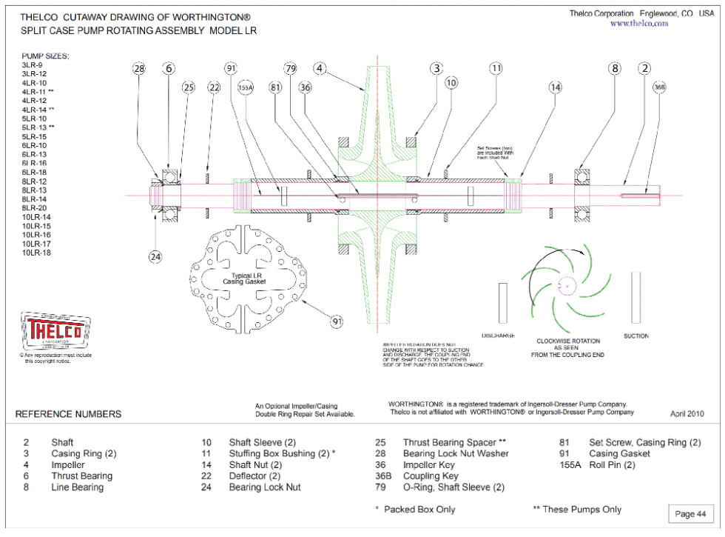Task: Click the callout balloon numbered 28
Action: [139, 68]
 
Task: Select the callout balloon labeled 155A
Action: [245, 87]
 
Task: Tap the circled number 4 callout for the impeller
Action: [320, 68]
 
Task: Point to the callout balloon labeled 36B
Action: [659, 87]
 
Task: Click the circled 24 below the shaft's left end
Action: [155, 257]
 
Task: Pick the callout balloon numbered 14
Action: [555, 87]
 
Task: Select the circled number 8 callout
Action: [615, 68]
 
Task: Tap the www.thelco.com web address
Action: [638, 24]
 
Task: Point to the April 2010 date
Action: [687, 414]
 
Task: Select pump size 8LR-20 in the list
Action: [35, 208]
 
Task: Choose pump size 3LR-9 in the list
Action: [32, 65]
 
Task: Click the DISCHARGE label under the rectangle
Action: [498, 336]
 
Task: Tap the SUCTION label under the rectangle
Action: [635, 336]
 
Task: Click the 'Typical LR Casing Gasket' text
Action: [244, 278]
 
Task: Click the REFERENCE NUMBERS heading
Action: [69, 414]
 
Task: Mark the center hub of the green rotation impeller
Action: [567, 284]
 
